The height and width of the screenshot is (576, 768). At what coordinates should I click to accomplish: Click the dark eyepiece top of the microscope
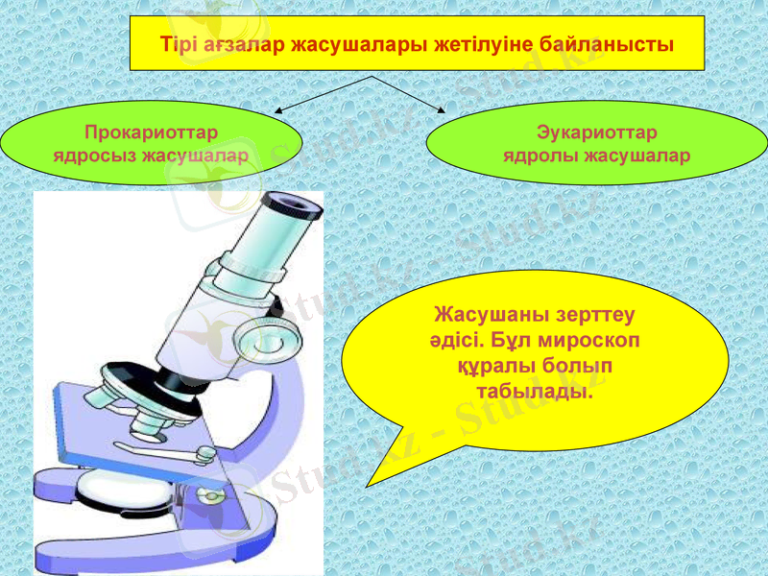pyautogui.click(x=291, y=203)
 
